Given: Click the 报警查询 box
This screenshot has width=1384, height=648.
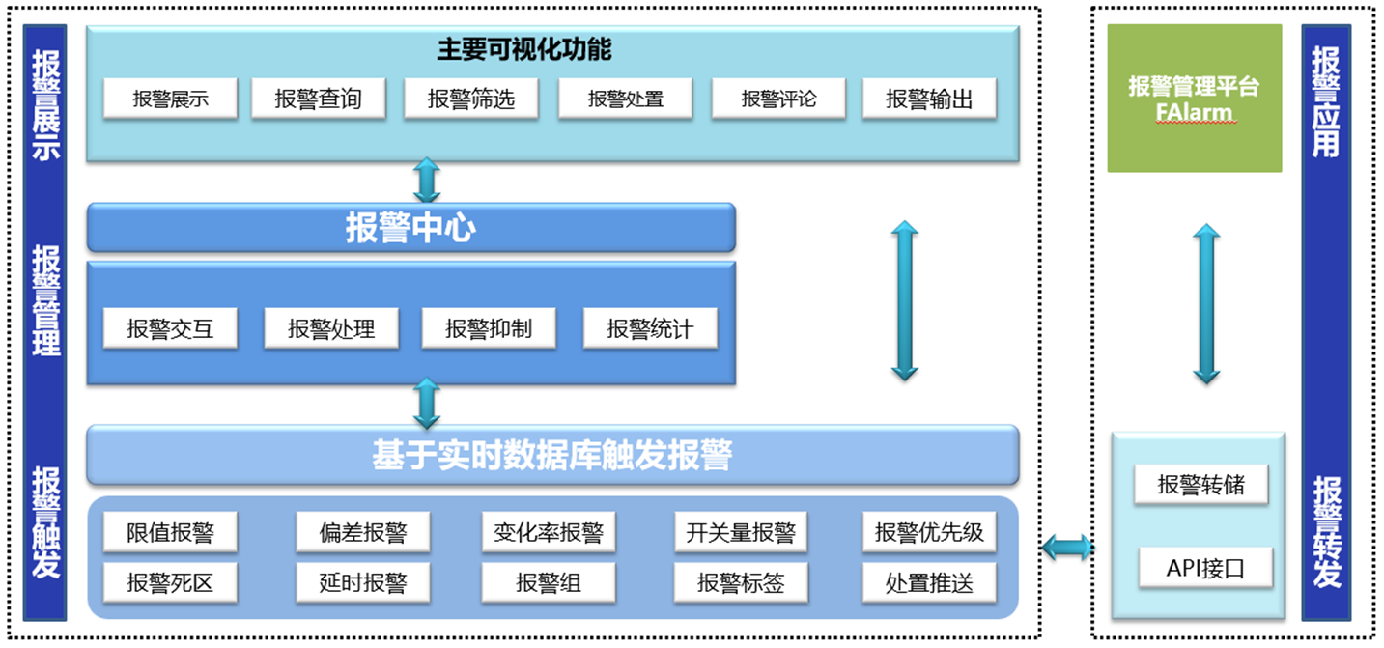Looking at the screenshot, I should [x=318, y=99].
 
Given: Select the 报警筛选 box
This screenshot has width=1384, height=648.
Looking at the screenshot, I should [x=471, y=99].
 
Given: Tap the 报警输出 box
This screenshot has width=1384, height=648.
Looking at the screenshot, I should [x=928, y=99].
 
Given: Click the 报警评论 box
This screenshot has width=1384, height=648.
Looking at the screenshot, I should [x=778, y=99].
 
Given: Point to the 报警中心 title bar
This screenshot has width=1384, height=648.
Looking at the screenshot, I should [x=410, y=228].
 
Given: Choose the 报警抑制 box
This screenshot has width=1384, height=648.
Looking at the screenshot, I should [x=489, y=328].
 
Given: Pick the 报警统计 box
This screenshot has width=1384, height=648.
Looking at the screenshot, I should [x=650, y=328].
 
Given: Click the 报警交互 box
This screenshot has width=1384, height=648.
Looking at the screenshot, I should [x=170, y=328].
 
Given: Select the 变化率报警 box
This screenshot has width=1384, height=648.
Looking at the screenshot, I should [x=549, y=532].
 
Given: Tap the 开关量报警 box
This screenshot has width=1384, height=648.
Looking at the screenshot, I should [x=741, y=532].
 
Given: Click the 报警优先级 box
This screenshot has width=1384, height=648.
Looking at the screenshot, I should [x=929, y=532].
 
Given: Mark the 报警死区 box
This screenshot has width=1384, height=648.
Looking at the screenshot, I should [x=170, y=582].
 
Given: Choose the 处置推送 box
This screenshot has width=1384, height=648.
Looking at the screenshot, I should [x=929, y=582].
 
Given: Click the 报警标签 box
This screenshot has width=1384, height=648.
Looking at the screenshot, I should [x=741, y=582].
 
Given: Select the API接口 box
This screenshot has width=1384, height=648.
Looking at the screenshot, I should [x=1204, y=569].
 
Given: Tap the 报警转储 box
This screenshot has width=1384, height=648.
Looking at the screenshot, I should [x=1200, y=484].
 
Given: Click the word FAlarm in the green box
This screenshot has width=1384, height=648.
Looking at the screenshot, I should [x=1194, y=112].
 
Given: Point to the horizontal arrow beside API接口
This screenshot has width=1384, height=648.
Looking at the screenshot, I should [x=1067, y=549].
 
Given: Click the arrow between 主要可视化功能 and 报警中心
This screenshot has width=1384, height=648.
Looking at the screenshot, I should [x=426, y=181].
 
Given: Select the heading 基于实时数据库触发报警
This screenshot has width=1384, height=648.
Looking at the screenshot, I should [x=552, y=455].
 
